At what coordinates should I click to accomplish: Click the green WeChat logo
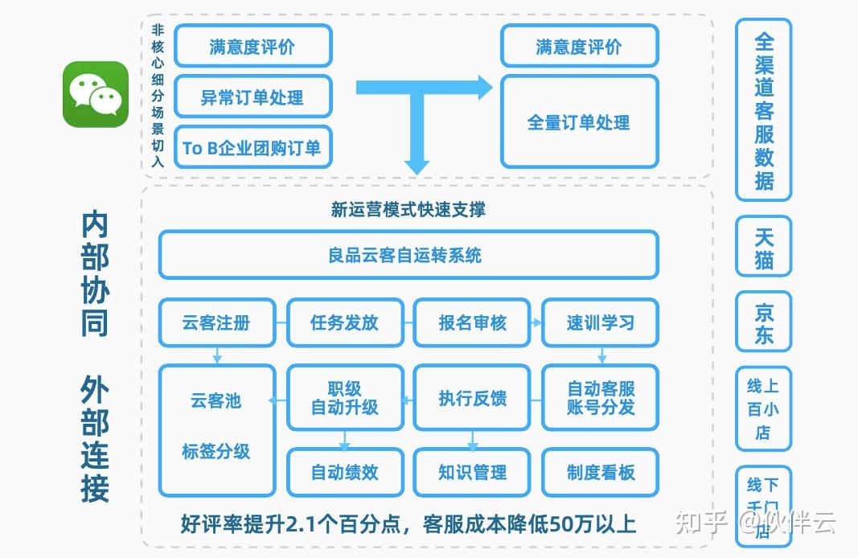[96, 94]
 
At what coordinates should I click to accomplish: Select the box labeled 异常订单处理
[252, 97]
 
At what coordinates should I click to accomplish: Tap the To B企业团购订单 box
[252, 147]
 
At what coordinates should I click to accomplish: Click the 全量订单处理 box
[579, 122]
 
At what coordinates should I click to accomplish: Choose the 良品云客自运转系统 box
[408, 255]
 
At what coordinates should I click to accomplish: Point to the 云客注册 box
[216, 322]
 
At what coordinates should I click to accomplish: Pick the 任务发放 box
[344, 322]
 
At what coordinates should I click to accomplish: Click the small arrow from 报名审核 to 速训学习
[536, 322]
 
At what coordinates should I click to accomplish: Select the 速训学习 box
[600, 322]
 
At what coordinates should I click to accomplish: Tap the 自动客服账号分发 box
[600, 398]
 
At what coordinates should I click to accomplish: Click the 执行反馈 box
[472, 398]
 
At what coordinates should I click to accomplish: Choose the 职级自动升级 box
[344, 398]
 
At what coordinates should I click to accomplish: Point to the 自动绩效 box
[344, 472]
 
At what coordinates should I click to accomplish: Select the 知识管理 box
[472, 472]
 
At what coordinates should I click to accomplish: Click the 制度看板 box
[600, 472]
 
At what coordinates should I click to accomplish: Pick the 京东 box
[763, 322]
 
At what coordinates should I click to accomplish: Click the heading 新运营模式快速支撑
[408, 210]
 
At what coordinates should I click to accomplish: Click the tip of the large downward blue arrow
[417, 170]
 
